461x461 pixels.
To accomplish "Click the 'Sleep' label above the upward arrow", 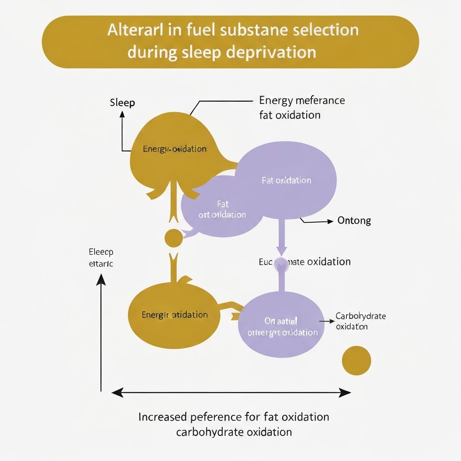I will (x=122, y=103).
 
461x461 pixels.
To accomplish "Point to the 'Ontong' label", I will (x=354, y=221).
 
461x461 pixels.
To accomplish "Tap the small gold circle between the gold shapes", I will (x=174, y=238).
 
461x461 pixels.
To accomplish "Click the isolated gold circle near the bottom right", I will (x=357, y=360).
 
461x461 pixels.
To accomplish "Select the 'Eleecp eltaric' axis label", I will (x=101, y=258).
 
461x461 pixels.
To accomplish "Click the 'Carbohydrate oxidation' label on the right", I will (x=361, y=321).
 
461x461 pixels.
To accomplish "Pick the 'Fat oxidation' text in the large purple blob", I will (x=286, y=180).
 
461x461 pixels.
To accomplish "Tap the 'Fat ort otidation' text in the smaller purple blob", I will (x=222, y=210).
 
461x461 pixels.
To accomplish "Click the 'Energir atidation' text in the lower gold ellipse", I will (x=175, y=315).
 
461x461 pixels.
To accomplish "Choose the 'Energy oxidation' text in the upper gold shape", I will (x=175, y=149).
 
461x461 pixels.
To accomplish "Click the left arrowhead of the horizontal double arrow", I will (x=117, y=393).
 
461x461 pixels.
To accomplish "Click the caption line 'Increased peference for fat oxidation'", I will (x=234, y=416).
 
